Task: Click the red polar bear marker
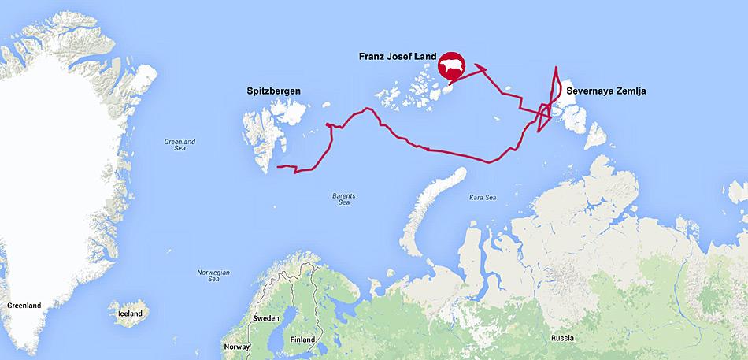coord(452,68)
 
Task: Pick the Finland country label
coord(302,340)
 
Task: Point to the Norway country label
coord(236,347)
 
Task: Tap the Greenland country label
coord(23,304)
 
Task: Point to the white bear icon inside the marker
coord(452,67)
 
